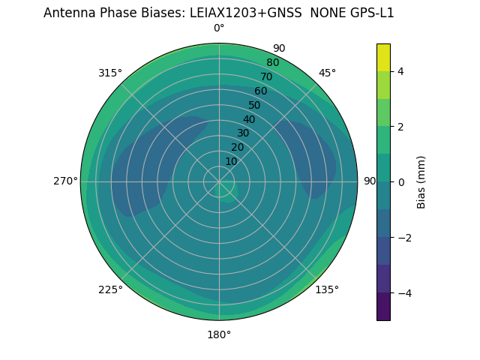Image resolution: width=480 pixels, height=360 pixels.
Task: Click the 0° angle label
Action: [x=219, y=28]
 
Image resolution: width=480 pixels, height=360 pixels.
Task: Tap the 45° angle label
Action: [x=327, y=73]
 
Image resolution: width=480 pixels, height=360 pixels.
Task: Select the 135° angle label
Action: [x=327, y=289]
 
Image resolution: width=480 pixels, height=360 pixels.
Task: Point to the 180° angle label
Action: [x=219, y=334]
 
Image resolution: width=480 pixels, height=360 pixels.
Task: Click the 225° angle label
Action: [x=110, y=289]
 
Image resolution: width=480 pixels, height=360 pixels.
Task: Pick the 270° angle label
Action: [x=65, y=181]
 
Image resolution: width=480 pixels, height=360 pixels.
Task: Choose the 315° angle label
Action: [x=110, y=73]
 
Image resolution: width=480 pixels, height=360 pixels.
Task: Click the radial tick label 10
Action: [x=232, y=161]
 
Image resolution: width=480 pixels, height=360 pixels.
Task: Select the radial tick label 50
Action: [x=255, y=105]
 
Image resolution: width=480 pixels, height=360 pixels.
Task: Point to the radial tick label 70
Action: [x=266, y=76]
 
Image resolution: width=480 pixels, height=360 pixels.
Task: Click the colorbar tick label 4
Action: [x=400, y=71]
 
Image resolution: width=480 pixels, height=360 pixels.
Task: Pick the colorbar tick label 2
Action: [x=400, y=127]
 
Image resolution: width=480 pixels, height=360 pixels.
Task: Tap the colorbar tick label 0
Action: [x=400, y=182]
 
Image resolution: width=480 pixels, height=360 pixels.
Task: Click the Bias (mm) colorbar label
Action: [x=421, y=182]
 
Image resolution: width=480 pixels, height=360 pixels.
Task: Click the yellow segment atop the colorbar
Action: [x=383, y=57]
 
